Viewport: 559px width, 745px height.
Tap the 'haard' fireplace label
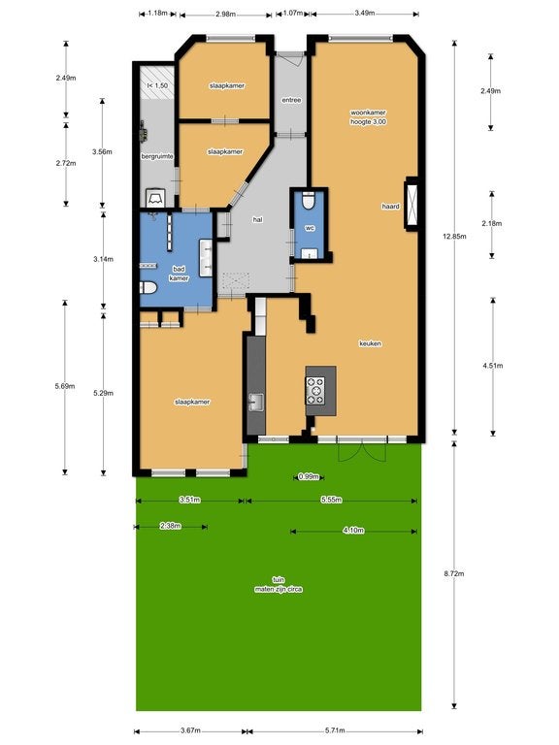pyautogui.click(x=390, y=207)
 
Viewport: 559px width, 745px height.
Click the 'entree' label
pyautogui.click(x=290, y=99)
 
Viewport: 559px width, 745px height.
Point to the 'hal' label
pyautogui.click(x=257, y=220)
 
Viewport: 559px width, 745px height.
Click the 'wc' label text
pyautogui.click(x=311, y=228)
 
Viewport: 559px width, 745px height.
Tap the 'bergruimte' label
pyautogui.click(x=156, y=155)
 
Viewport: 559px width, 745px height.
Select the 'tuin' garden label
pyautogui.click(x=279, y=579)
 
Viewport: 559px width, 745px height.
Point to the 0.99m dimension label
pyautogui.click(x=310, y=476)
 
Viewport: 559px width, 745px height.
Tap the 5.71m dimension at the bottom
pyautogui.click(x=334, y=730)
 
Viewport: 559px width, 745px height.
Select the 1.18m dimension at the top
pyautogui.click(x=157, y=14)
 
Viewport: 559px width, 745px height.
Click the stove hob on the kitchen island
pyautogui.click(x=315, y=389)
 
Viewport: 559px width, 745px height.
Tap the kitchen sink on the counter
pyautogui.click(x=256, y=402)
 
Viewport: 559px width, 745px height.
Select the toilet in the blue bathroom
pyautogui.click(x=148, y=288)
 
